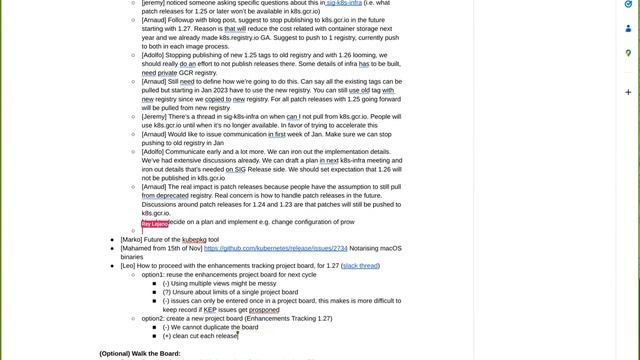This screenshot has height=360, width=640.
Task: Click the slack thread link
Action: (x=361, y=266)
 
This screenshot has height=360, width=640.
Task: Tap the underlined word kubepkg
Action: (x=194, y=240)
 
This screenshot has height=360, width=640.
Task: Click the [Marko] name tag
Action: (x=131, y=240)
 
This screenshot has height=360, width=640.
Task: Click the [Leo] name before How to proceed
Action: (x=128, y=266)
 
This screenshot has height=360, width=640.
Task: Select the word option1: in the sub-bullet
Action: (x=153, y=274)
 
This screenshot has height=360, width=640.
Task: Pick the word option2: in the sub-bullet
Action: (x=153, y=318)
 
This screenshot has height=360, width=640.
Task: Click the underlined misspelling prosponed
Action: (x=264, y=310)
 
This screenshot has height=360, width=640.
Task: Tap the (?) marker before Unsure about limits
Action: (x=166, y=292)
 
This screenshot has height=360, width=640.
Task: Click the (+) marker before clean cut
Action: (x=166, y=336)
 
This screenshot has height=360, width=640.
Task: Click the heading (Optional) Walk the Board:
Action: (x=140, y=353)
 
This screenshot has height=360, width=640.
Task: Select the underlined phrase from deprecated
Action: (x=165, y=196)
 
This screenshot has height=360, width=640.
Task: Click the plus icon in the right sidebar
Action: (x=628, y=96)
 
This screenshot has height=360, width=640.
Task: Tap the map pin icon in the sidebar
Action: (x=628, y=53)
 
